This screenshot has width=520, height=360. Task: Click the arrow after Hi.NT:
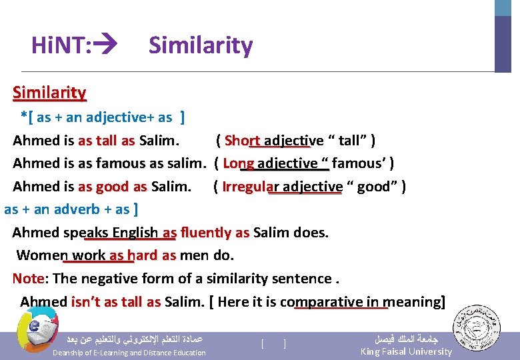coord(106,45)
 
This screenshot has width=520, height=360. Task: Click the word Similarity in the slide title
coord(201,45)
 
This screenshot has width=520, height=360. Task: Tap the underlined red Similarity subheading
coord(49,93)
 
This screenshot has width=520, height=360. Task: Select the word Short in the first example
coord(242,141)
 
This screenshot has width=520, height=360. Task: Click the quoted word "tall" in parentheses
coord(349,141)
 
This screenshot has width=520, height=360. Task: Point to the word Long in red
coord(238,163)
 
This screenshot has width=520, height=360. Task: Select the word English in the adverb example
coord(135,232)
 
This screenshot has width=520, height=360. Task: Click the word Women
coord(41,255)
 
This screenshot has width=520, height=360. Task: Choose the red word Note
coord(28,279)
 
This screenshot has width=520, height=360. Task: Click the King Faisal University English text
coord(406,351)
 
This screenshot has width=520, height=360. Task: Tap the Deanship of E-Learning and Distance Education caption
coord(129,353)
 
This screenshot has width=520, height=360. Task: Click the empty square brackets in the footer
coord(274,344)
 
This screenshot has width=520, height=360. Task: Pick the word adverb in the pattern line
coord(79,209)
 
